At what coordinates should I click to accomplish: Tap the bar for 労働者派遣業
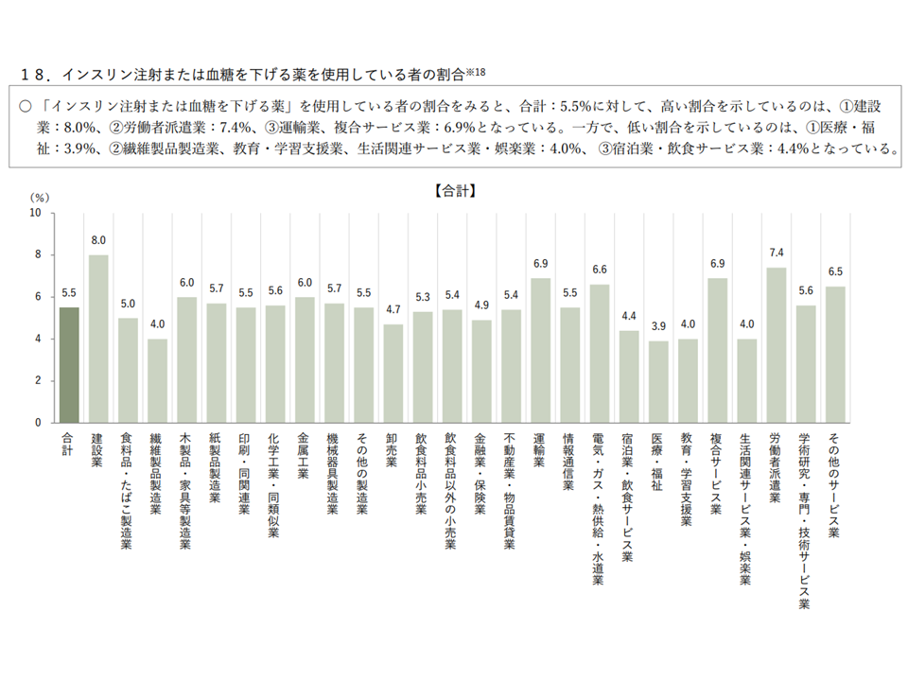click(776, 344)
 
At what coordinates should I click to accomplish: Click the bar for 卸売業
click(393, 373)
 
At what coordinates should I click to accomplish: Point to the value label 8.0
click(98, 241)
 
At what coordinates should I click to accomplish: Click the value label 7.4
click(776, 254)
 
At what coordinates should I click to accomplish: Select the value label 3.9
click(658, 327)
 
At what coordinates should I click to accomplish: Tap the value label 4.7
click(393, 310)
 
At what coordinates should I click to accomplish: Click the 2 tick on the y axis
click(39, 380)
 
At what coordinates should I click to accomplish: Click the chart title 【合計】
click(454, 190)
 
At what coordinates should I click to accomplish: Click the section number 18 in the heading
click(33, 74)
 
